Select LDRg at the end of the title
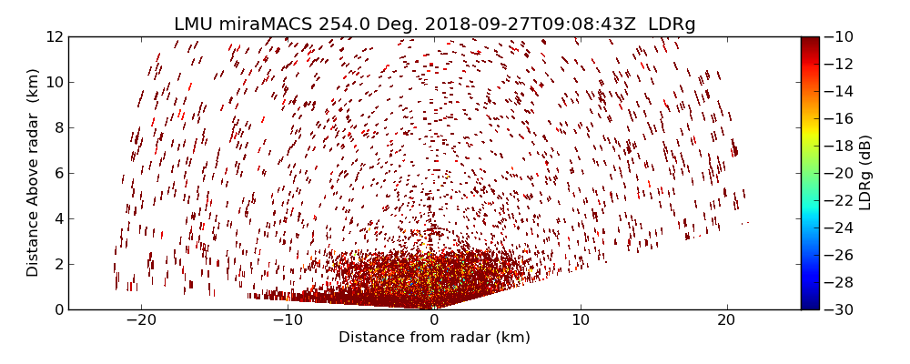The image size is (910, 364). click(672, 25)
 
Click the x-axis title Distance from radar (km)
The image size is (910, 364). click(434, 338)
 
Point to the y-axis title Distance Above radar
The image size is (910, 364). click(34, 172)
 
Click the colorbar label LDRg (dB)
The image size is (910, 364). click(865, 172)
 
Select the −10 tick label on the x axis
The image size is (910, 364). click(287, 320)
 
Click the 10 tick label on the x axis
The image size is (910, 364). click(581, 320)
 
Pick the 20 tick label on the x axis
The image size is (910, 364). click(726, 320)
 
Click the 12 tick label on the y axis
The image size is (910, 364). click(55, 36)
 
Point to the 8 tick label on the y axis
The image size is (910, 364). click(58, 127)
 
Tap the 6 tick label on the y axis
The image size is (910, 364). click(58, 173)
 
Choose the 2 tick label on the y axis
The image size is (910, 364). click(58, 264)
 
